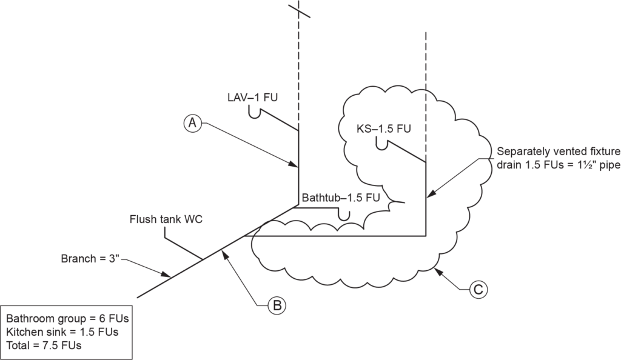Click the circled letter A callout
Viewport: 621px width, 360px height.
pos(192,123)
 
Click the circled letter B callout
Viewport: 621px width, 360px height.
pos(277,305)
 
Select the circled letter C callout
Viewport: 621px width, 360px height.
pos(478,290)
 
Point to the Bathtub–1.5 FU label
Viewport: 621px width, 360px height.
pos(340,198)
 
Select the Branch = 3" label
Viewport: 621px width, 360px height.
pos(92,259)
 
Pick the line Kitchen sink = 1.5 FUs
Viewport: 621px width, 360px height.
pos(62,332)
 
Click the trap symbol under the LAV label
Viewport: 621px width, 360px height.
pos(257,114)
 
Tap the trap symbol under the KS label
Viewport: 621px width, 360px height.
pos(382,145)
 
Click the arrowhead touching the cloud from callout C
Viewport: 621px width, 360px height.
pos(437,267)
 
